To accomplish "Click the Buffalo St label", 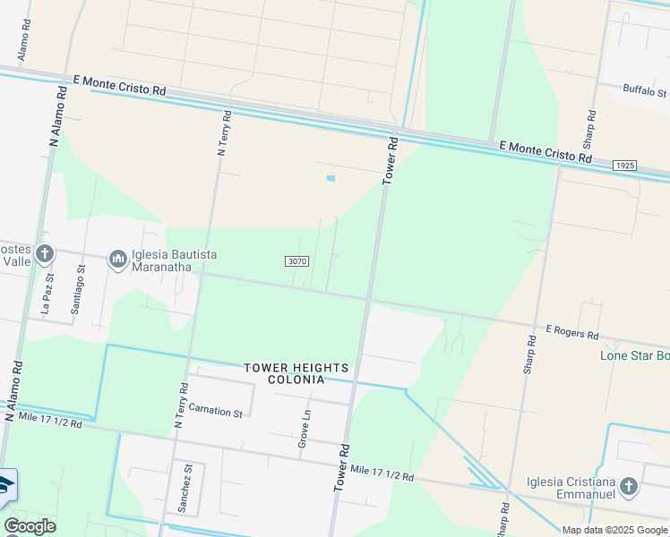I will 645,92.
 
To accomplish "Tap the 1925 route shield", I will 625,166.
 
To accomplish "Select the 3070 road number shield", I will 298,261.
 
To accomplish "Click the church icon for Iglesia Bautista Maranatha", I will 117,260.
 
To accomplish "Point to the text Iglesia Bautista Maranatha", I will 175,260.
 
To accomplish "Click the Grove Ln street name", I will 305,429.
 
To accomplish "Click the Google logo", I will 30,526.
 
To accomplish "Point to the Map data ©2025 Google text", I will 614,530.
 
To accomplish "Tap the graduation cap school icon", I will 5,486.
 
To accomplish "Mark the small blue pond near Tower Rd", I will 331,178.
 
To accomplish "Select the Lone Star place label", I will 634,356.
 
